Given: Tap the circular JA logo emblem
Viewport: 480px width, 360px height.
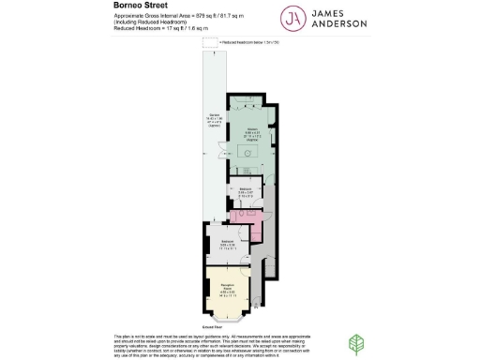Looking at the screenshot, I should (x=298, y=19).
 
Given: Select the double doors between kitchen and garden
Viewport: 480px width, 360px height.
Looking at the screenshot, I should (x=220, y=151).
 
